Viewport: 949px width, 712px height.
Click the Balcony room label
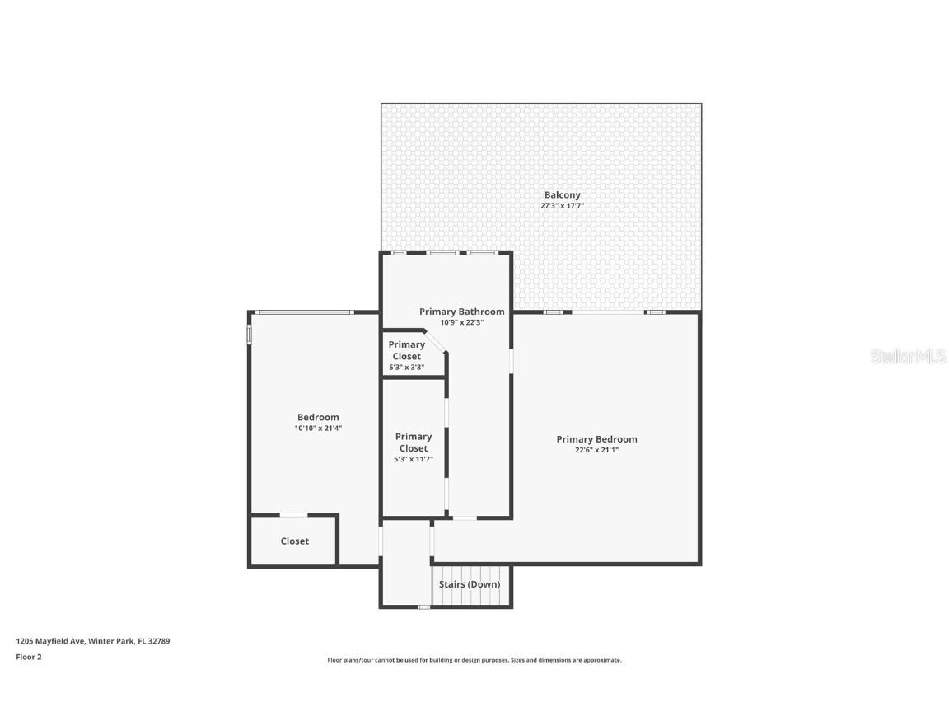[x=562, y=195]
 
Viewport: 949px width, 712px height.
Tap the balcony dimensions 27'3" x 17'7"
[x=562, y=206]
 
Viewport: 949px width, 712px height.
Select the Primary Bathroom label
[x=461, y=311]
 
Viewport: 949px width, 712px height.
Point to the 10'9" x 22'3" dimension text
[x=461, y=322]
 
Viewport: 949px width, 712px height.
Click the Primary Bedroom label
[x=596, y=439]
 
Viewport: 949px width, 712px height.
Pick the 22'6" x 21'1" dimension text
[x=596, y=450]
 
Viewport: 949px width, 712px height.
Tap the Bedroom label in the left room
[x=318, y=417]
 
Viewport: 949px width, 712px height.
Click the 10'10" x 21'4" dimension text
[x=318, y=428]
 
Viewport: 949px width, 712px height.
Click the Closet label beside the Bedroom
[x=294, y=541]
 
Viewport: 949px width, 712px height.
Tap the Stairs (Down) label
[x=469, y=584]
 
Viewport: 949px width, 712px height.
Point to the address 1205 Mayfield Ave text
[x=92, y=640]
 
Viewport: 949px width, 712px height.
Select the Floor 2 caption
[x=28, y=657]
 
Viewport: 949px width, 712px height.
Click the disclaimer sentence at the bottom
[x=474, y=660]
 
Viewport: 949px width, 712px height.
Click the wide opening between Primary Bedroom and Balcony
[x=608, y=312]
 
